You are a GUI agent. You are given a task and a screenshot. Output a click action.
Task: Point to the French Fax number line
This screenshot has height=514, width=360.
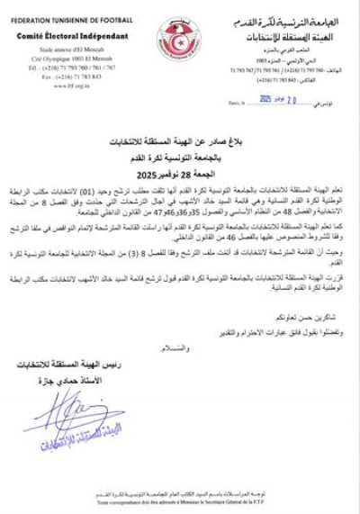pyautogui.click(x=58, y=77)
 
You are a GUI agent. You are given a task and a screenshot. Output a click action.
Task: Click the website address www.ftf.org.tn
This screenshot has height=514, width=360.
pyautogui.click(x=58, y=85)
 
